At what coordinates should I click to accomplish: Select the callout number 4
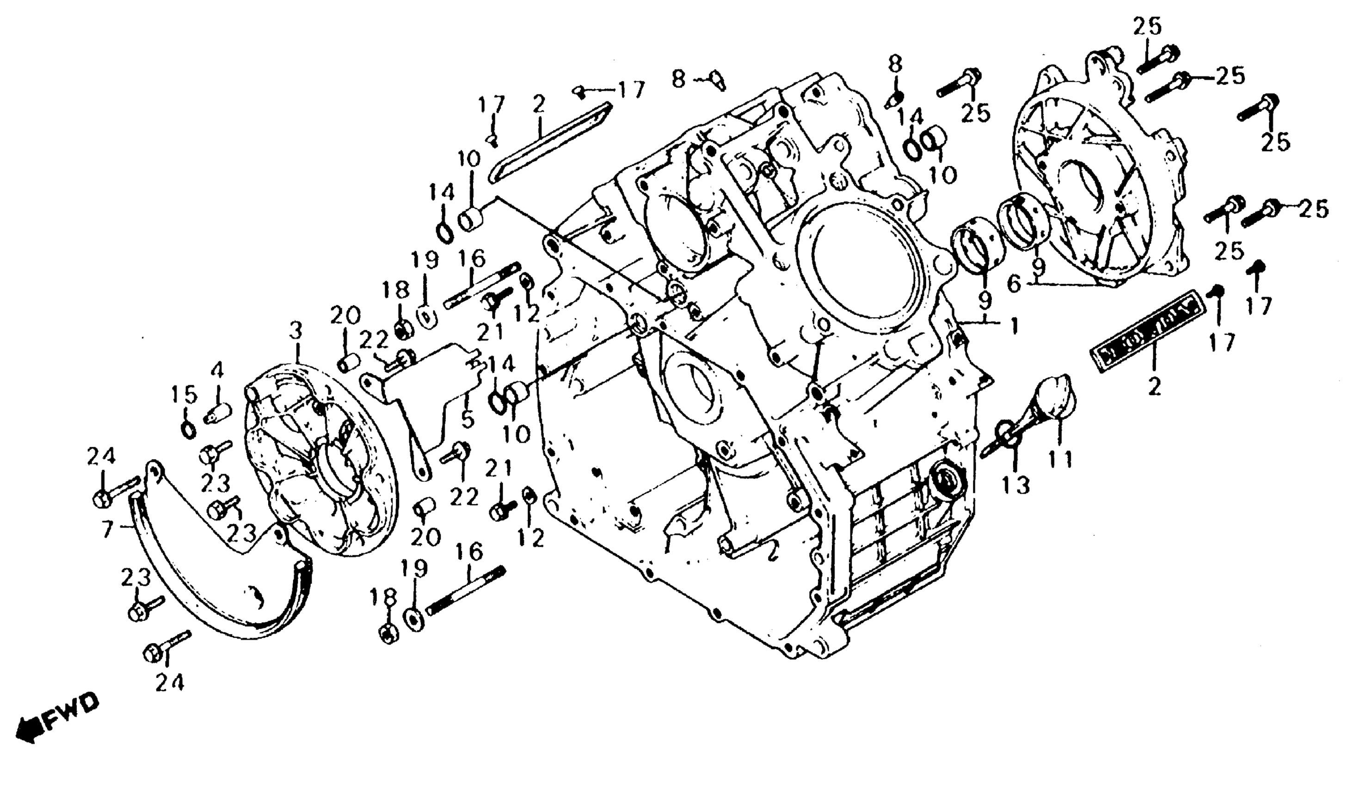(217, 370)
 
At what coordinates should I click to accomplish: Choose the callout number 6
(1014, 284)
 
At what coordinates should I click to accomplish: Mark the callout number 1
(1014, 325)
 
